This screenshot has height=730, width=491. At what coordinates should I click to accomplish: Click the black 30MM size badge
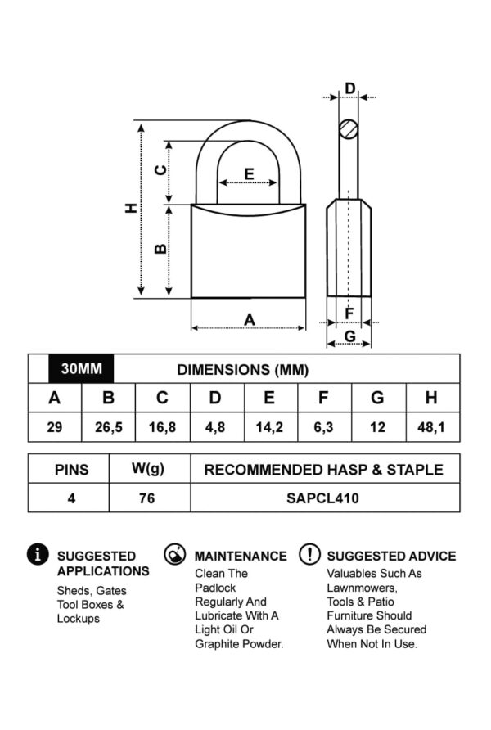tap(82, 369)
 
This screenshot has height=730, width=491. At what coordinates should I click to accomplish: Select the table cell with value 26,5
tap(108, 427)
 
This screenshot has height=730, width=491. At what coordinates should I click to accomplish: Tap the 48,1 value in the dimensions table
tap(431, 427)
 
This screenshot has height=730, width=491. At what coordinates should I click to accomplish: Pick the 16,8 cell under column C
tap(162, 427)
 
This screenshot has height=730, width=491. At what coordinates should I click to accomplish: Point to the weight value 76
tap(147, 498)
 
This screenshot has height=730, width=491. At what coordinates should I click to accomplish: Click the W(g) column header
tap(147, 469)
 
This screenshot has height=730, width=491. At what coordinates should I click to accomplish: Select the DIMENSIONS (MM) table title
tap(243, 370)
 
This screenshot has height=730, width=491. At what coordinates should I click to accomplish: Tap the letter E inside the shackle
tap(249, 173)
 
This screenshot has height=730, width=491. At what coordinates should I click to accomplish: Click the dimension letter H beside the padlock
tap(130, 209)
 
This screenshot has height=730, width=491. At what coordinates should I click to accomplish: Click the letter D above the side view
tap(349, 89)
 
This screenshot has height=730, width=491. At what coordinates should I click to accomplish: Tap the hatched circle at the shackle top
tap(349, 128)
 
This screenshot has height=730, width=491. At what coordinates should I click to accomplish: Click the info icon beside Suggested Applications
tap(38, 554)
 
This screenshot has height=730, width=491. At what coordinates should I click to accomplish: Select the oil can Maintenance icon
tap(173, 554)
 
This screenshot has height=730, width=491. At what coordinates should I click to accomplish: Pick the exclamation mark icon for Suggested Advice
tap(309, 554)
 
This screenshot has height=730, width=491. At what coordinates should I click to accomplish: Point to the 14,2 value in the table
tap(269, 427)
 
